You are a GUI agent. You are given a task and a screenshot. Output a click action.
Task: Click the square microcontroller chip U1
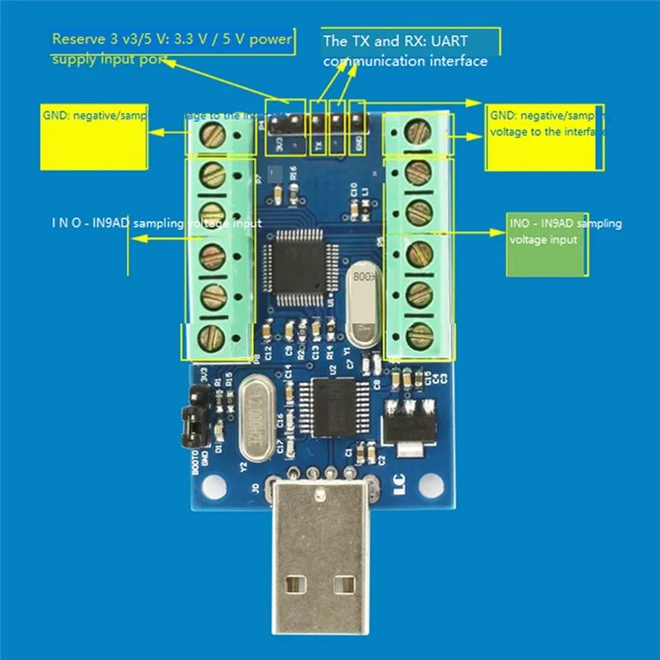pyautogui.click(x=295, y=264)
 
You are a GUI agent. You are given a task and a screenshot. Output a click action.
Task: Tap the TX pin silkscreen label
pyautogui.click(x=318, y=144)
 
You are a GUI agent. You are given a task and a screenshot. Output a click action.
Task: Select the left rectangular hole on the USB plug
pyautogui.click(x=290, y=584)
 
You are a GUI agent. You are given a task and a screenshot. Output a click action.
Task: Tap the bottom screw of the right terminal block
pyautogui.click(x=420, y=334)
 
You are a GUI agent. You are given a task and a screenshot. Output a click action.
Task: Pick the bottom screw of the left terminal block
pyautogui.click(x=213, y=336)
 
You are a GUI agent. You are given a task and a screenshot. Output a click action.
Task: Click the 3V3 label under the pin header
pyautogui.click(x=279, y=144)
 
